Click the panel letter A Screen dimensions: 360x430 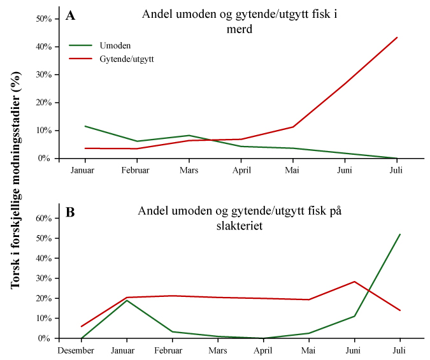pos(71,16)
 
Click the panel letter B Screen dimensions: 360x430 pos(71,212)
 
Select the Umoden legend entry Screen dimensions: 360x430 pos(113,45)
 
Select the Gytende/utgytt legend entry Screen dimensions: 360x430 pos(127,58)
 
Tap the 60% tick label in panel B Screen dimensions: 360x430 pos(43,218)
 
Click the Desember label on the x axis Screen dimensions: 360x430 pos(77,350)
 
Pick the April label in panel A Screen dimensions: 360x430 pos(241,170)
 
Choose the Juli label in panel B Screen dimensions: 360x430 pos(399,350)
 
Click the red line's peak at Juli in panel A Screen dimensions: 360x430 pos(398,37)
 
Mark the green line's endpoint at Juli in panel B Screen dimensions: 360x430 pos(399,234)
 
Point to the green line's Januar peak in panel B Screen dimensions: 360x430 pos(127,300)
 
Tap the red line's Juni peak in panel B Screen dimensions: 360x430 pos(354,282)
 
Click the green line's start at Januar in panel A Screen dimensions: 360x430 pos(85,126)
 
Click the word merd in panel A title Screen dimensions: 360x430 pos(240,29)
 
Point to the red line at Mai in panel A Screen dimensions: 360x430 pos(293,127)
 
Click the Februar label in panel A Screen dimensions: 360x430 pos(136,170)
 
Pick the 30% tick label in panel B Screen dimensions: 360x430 pos(43,278)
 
